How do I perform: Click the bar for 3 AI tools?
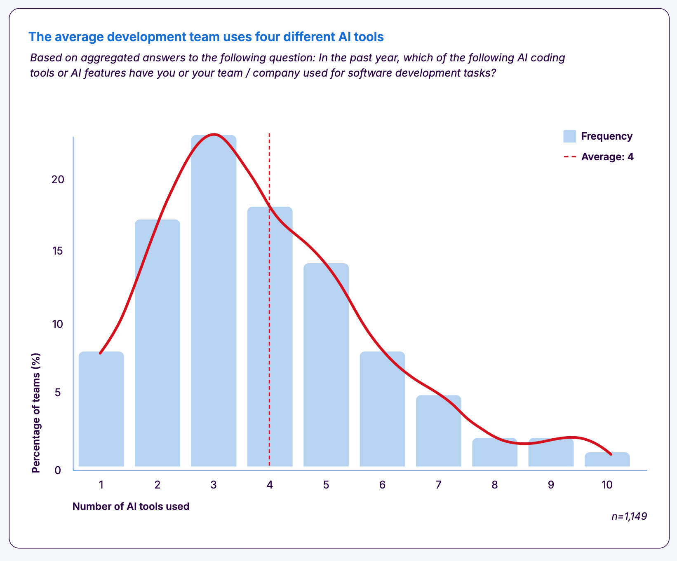[214, 301]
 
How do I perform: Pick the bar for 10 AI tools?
[607, 460]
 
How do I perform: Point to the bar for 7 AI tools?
[438, 431]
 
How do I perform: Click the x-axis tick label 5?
[326, 485]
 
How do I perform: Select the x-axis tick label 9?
[551, 485]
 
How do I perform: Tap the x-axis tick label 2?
[157, 485]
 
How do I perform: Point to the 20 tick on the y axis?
[58, 180]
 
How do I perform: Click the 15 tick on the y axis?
[58, 251]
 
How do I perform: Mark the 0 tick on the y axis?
[58, 470]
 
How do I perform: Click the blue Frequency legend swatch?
[569, 136]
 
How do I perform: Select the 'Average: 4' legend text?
[607, 157]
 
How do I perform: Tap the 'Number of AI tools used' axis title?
[131, 506]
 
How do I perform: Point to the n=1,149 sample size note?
[629, 516]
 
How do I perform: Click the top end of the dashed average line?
[269, 134]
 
